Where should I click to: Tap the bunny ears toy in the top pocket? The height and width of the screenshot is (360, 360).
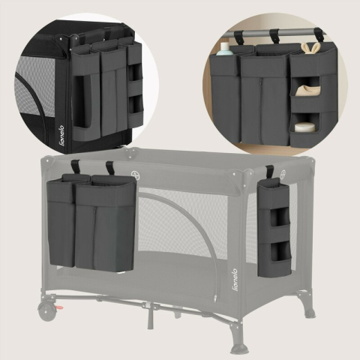(307, 48)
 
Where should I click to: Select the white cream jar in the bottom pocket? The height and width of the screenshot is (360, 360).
(304, 127)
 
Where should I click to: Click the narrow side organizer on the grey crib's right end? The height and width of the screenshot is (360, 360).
(273, 229)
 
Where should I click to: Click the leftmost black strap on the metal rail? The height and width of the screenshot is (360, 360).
(239, 37)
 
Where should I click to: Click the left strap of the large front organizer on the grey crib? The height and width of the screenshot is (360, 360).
(76, 166)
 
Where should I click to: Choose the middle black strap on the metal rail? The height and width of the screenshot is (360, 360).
(275, 36)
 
